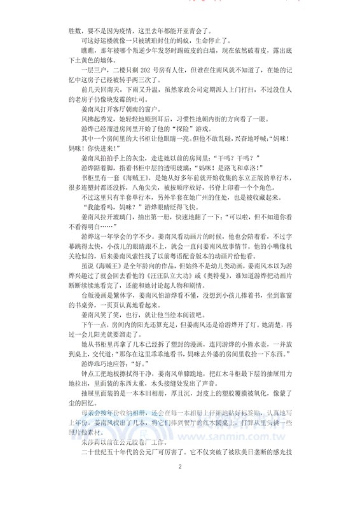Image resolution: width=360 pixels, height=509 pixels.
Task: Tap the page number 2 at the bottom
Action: click(180, 485)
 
